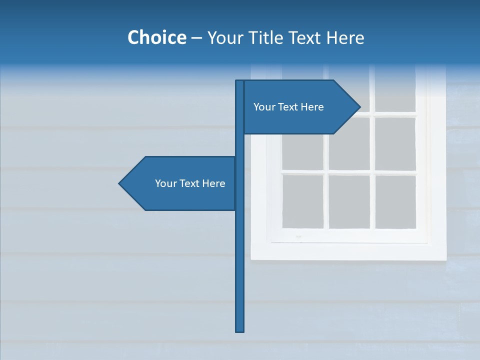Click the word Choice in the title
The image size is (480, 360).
pos(156,37)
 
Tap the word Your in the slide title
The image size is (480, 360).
pos(224,37)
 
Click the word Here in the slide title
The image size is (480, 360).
pos(345,37)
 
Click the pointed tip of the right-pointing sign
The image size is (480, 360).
pos(359,106)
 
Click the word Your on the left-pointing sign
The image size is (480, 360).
pos(166,183)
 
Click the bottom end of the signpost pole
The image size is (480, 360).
pos(240,330)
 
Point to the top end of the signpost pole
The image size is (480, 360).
pos(240,81)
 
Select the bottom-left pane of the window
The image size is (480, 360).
pos(302,201)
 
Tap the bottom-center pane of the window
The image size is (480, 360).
pos(349,201)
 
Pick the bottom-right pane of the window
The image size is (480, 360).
pos(395,201)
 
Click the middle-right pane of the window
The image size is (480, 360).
pos(395,143)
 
